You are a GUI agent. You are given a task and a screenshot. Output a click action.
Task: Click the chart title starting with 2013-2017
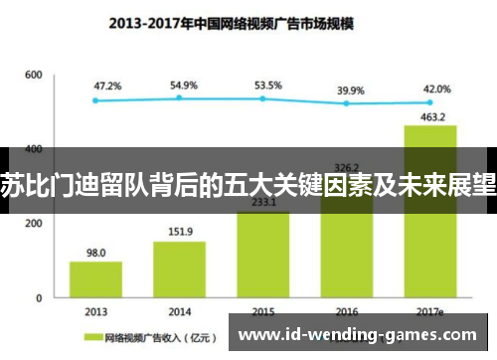pos(248,22)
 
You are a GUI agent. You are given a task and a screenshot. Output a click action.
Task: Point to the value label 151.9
pos(179,233)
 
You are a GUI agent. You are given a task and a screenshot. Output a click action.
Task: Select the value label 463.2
pos(429,116)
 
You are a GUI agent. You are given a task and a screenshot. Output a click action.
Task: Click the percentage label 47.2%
pos(107,87)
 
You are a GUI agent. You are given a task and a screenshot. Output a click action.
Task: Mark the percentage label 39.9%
pos(351,90)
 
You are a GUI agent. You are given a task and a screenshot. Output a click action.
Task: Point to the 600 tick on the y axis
pos(34,76)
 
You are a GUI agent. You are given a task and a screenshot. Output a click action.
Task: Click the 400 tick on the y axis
pos(34,149)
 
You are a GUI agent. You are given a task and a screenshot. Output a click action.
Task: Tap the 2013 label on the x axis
pos(95,310)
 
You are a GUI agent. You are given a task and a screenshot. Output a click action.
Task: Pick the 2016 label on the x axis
pos(346,310)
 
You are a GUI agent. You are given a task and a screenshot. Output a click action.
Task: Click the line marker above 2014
pos(179,97)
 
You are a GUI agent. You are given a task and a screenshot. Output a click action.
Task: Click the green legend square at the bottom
pos(95,337)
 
